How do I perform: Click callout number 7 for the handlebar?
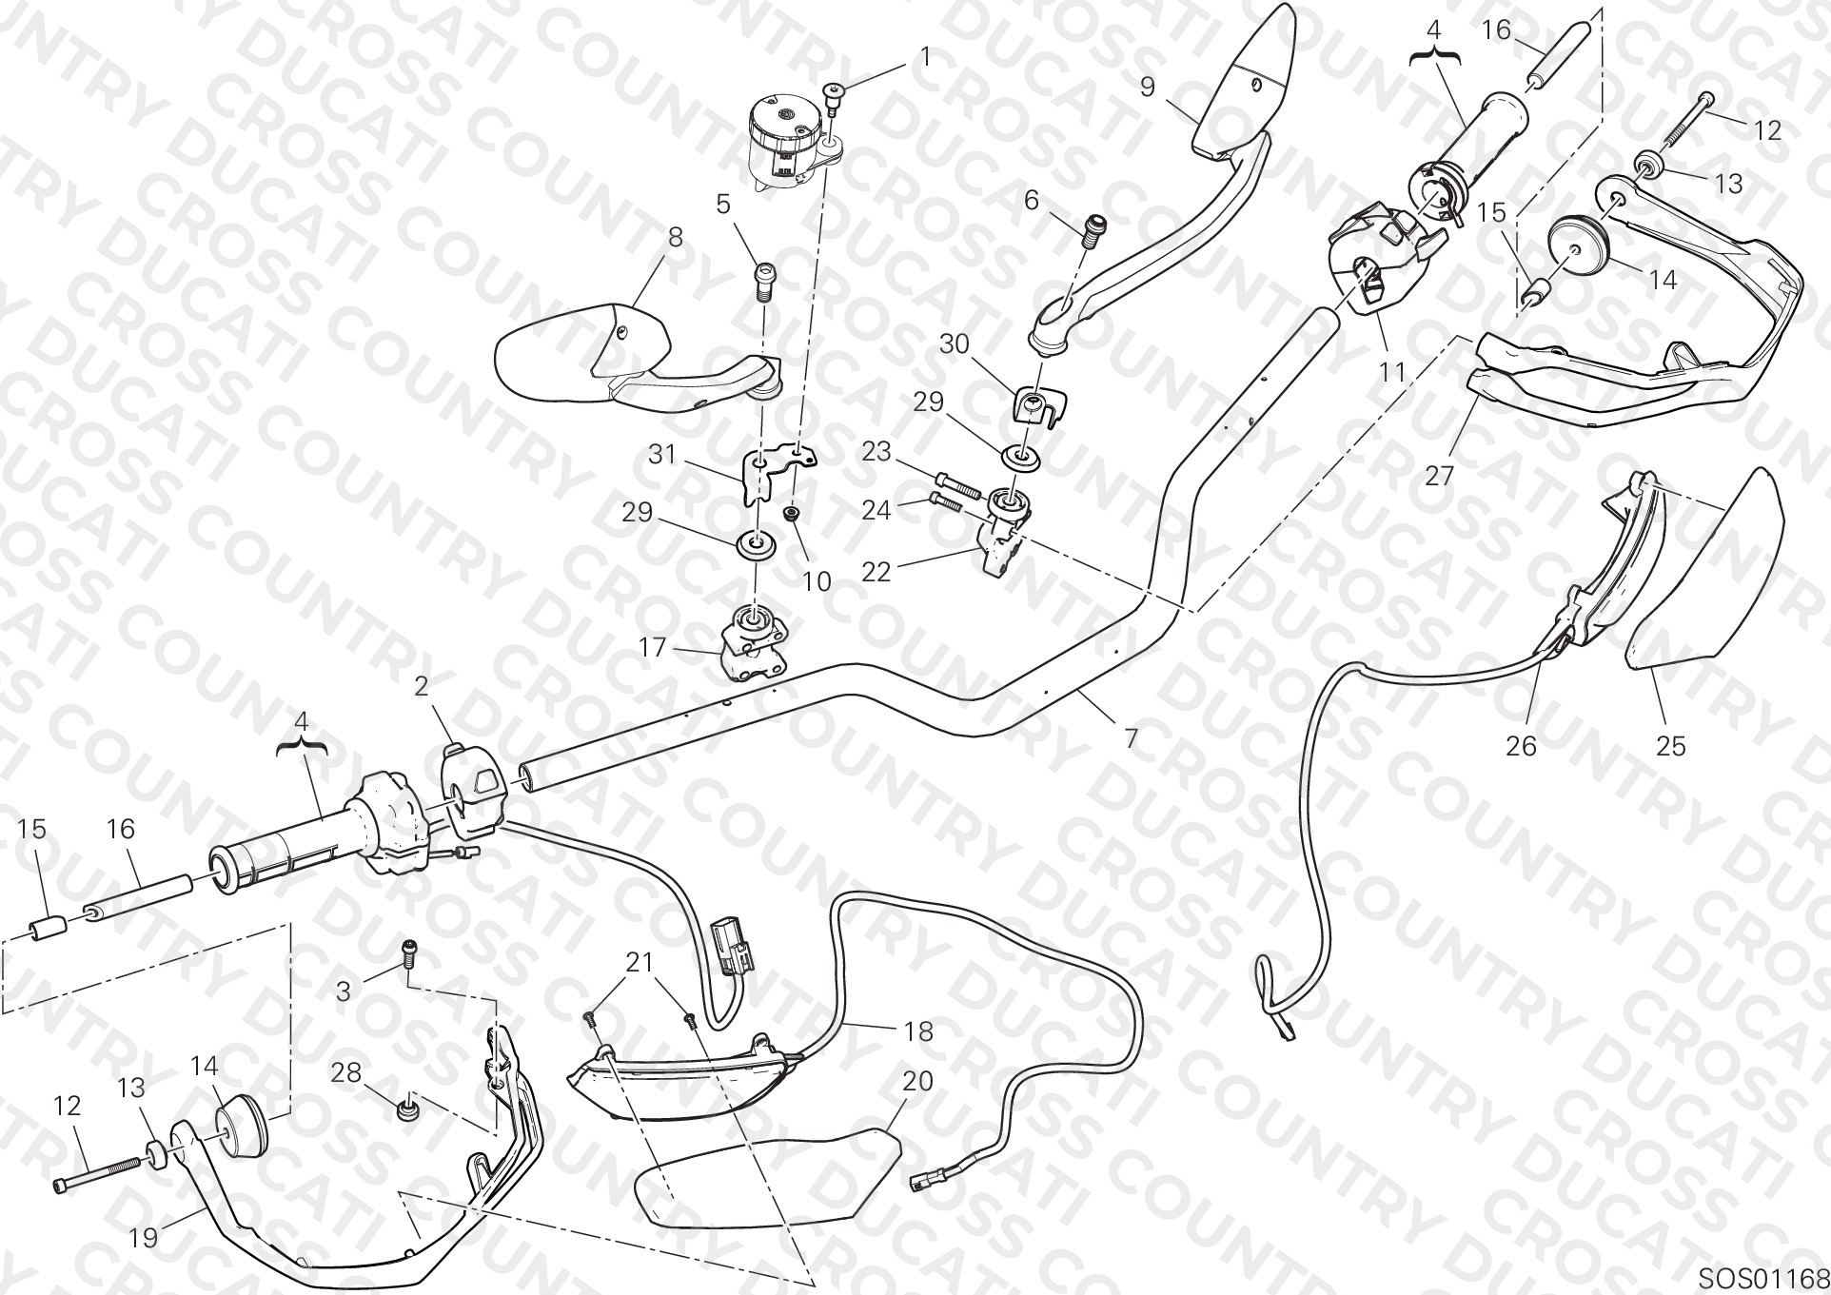click(x=1131, y=737)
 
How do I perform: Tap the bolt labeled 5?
click(x=763, y=281)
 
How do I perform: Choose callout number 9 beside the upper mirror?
click(x=1148, y=87)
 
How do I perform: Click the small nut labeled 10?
click(x=790, y=514)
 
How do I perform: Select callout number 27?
click(x=1439, y=474)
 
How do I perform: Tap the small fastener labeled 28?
click(x=408, y=1109)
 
